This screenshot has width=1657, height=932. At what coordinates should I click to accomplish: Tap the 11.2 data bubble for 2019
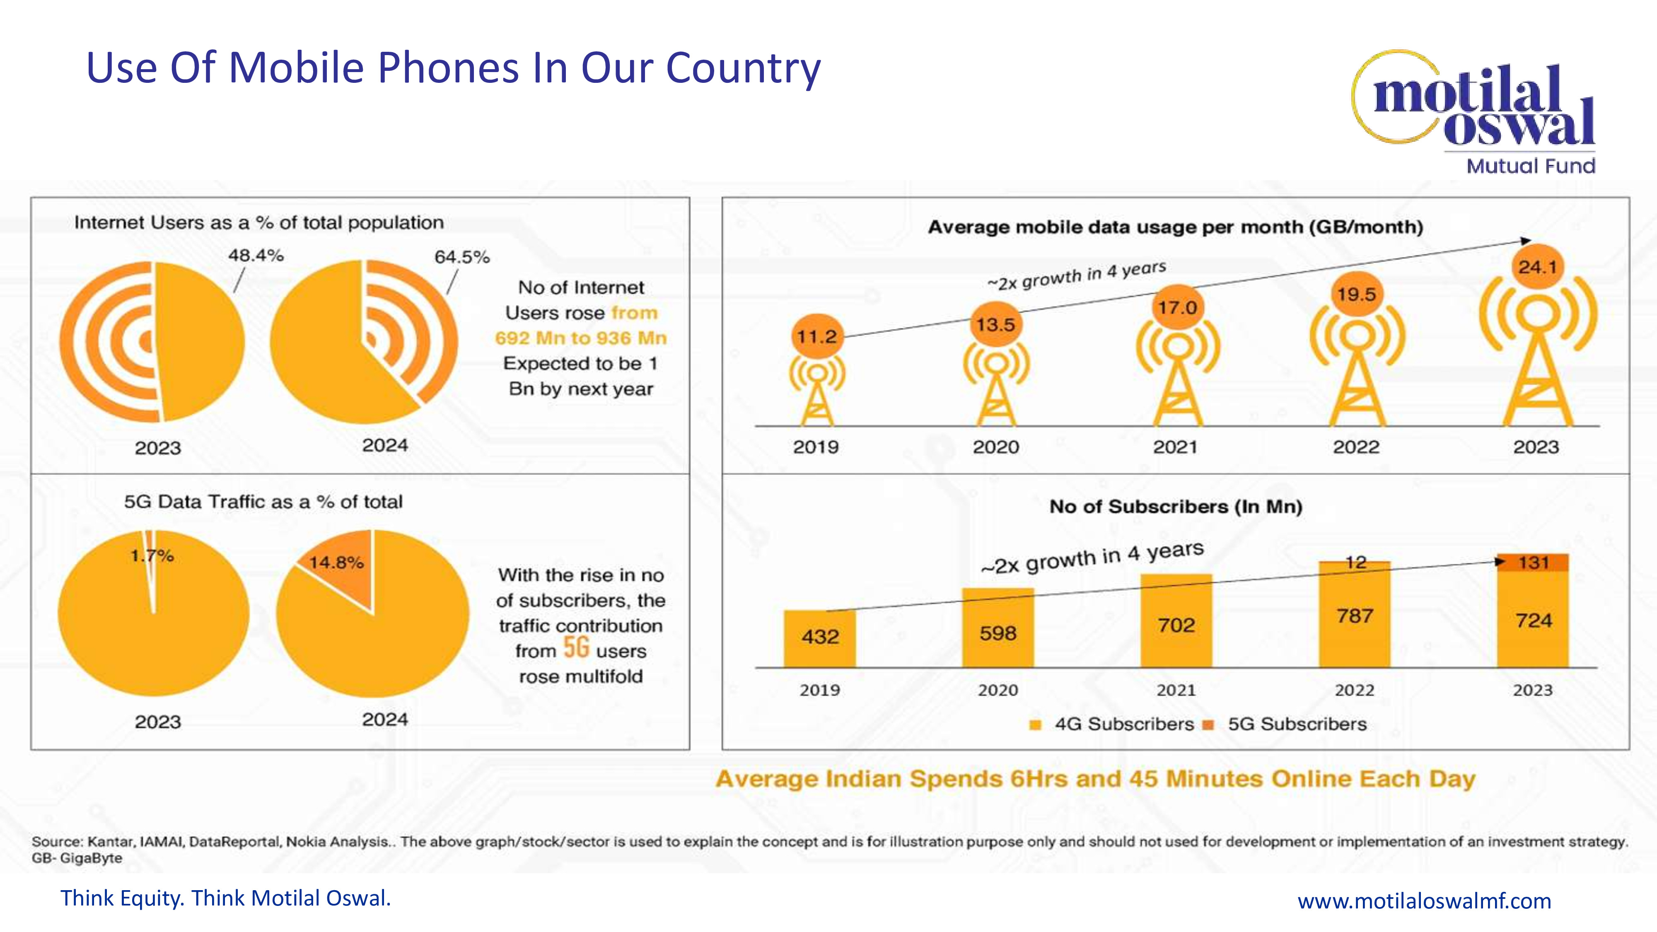[x=816, y=336]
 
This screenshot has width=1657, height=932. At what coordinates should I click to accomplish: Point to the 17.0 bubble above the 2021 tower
[x=1177, y=307]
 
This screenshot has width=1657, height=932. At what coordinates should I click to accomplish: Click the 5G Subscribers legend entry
[x=1296, y=724]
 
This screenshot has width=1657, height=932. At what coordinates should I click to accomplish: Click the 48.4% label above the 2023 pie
[x=255, y=255]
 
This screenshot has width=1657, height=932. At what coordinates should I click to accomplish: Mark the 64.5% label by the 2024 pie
[x=462, y=257]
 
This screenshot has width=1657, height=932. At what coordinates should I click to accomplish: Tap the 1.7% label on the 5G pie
[x=152, y=556]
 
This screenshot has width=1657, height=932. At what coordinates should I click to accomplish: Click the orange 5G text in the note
[x=576, y=648]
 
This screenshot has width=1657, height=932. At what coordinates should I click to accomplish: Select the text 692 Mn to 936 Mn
[x=580, y=338]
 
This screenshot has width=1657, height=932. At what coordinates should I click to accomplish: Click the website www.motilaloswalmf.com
[x=1424, y=901]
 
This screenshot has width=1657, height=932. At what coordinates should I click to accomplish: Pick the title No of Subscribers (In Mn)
[x=1176, y=507]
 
